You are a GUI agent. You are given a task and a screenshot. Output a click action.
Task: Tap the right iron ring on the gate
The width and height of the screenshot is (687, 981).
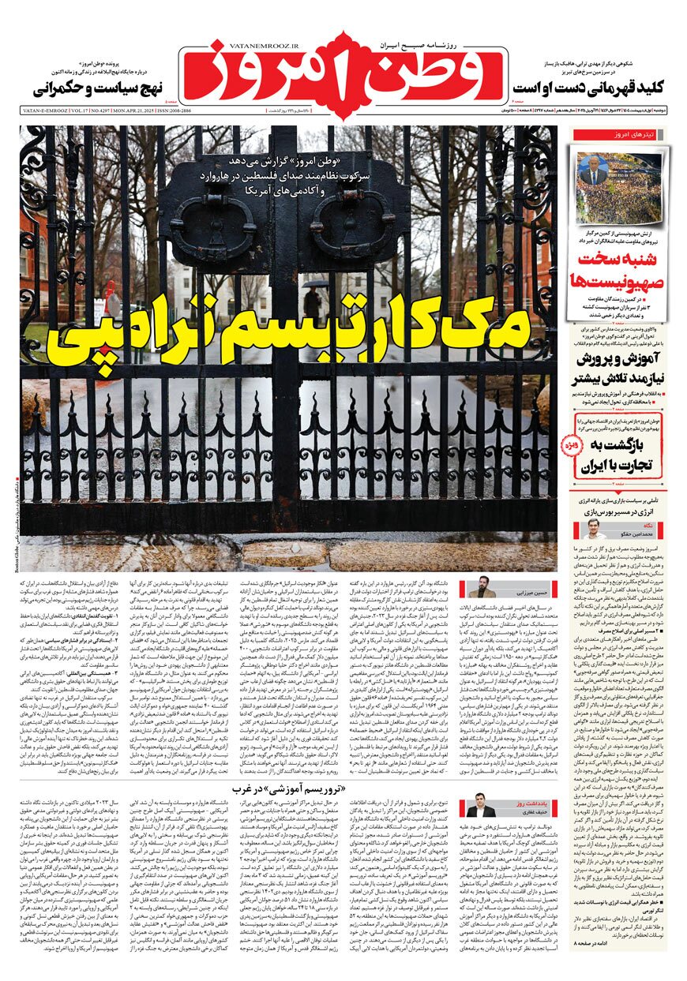click(x=351, y=224)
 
